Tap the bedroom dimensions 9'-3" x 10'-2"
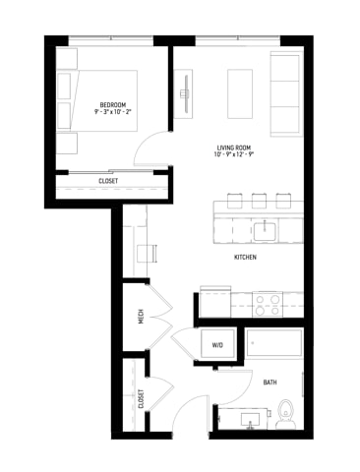[x=110, y=113]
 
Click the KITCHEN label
[x=245, y=257]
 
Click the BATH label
[x=270, y=382]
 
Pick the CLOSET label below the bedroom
[x=109, y=181]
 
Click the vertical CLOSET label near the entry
[x=141, y=398]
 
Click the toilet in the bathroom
[x=286, y=410]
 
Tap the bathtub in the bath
[x=274, y=344]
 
